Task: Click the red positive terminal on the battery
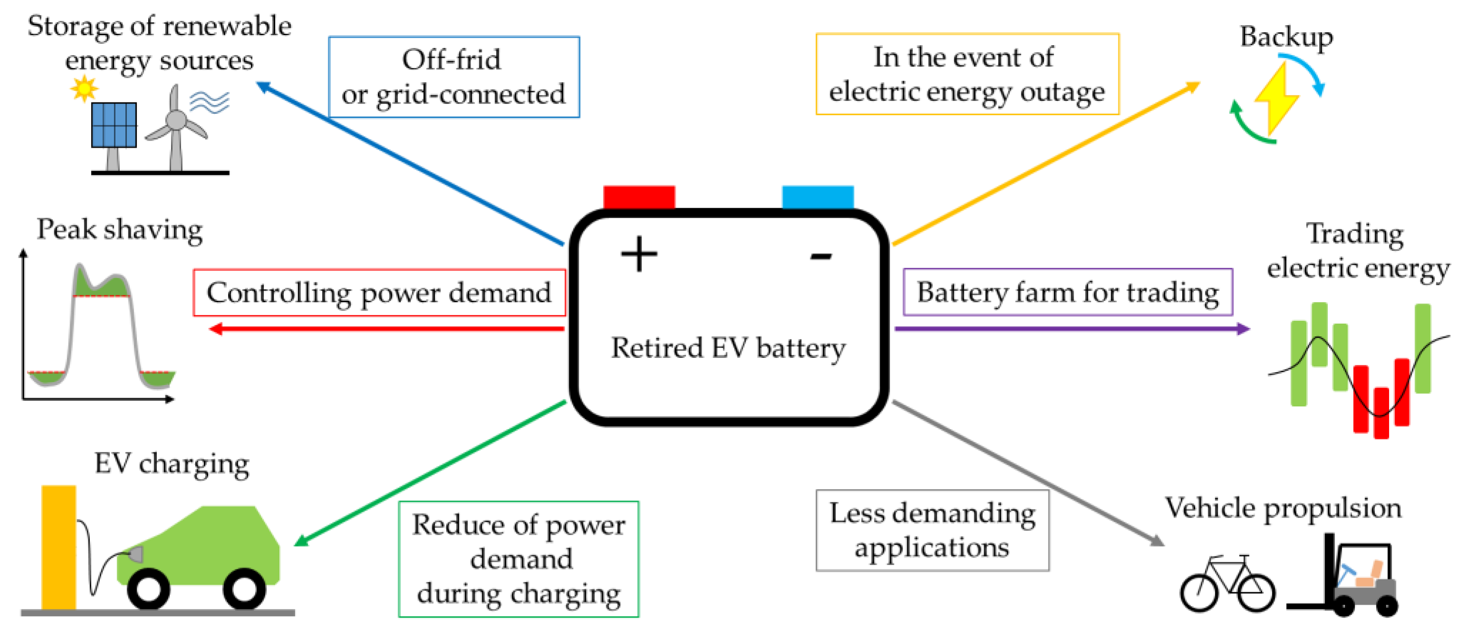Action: pyautogui.click(x=639, y=197)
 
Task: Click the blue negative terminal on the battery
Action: pyautogui.click(x=817, y=197)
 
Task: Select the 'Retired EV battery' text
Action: pyautogui.click(x=728, y=347)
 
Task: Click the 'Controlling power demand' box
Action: pyautogui.click(x=379, y=292)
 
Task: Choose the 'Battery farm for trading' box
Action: pyautogui.click(x=1067, y=292)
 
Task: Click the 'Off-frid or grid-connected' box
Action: pyautogui.click(x=454, y=77)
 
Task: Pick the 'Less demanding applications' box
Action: pyautogui.click(x=932, y=530)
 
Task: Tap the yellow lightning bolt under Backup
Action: pyautogui.click(x=1275, y=99)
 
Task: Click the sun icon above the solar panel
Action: pyautogui.click(x=84, y=88)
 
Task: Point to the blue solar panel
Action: pyautogui.click(x=114, y=125)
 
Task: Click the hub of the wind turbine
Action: pyautogui.click(x=176, y=120)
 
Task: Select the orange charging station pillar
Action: pyautogui.click(x=58, y=546)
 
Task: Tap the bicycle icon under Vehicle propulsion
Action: pyautogui.click(x=1227, y=586)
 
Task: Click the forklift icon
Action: pyautogui.click(x=1352, y=580)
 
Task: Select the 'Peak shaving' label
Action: pyautogui.click(x=119, y=230)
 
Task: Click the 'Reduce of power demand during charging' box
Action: pyautogui.click(x=518, y=559)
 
